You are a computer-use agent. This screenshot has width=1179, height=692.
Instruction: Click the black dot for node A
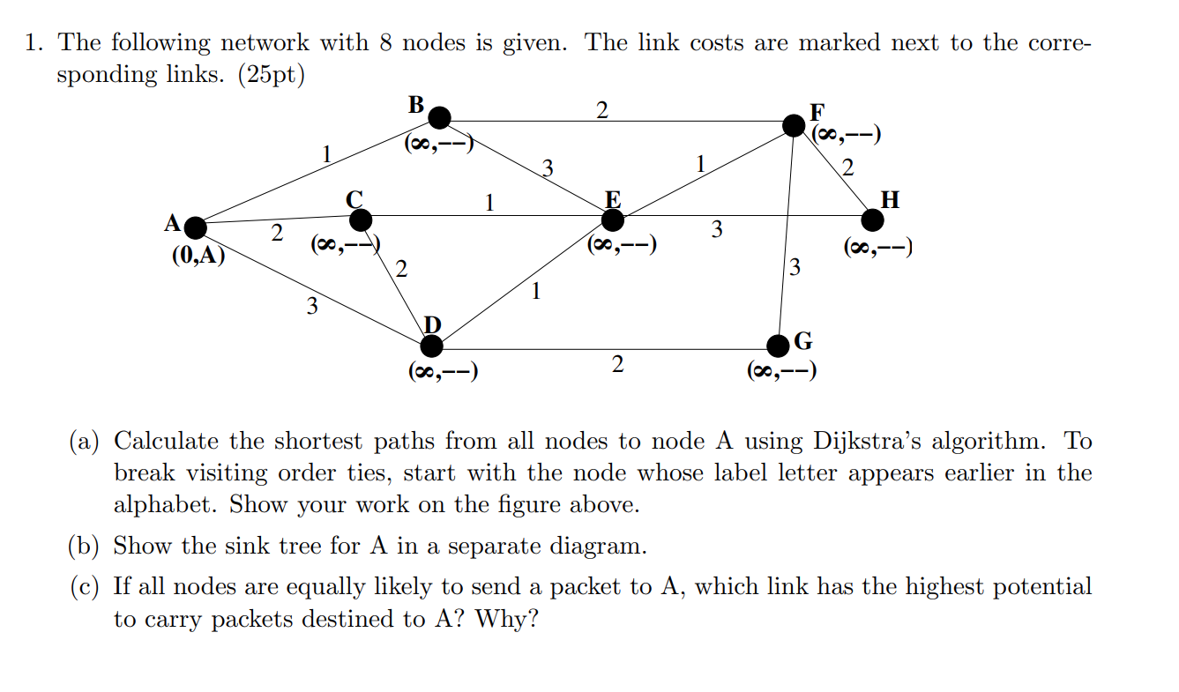[195, 228]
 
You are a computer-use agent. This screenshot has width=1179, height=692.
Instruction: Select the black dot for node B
[439, 117]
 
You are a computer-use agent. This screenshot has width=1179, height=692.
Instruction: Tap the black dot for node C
[361, 219]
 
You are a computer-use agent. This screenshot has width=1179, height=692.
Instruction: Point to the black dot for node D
[431, 346]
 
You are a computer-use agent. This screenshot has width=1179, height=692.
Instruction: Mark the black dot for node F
[795, 125]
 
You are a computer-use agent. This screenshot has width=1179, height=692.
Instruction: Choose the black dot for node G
[779, 345]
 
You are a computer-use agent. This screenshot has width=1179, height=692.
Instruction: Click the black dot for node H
[872, 219]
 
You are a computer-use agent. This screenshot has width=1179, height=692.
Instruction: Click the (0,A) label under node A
[198, 256]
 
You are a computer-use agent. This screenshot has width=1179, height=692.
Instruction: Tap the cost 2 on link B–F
[601, 110]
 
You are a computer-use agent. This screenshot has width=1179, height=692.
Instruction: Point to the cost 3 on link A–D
[310, 307]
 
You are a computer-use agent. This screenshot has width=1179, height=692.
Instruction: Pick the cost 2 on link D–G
[616, 364]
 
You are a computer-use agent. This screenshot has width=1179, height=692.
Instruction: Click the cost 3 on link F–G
[795, 265]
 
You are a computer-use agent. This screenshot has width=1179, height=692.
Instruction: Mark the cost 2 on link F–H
[847, 167]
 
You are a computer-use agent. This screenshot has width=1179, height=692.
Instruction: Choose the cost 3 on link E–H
[717, 231]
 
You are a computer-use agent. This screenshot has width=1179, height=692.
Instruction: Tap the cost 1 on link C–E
[489, 204]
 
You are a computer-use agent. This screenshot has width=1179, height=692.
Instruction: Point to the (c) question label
[85, 587]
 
